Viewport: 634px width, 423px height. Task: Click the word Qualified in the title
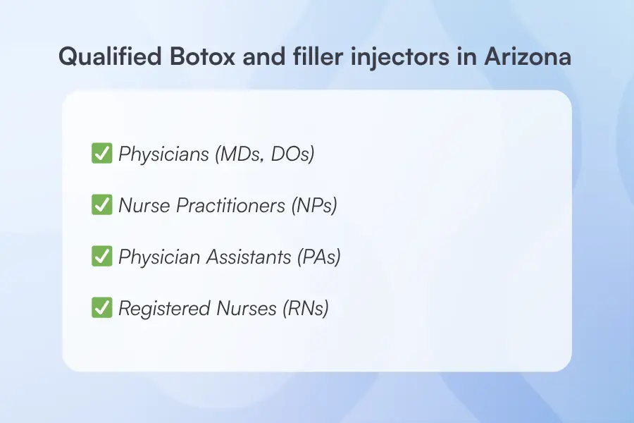(104, 57)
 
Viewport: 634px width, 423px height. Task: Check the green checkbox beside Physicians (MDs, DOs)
(101, 153)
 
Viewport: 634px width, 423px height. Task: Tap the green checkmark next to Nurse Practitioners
(101, 204)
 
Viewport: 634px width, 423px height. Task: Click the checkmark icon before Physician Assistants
(101, 257)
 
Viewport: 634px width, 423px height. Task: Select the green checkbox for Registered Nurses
(101, 308)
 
